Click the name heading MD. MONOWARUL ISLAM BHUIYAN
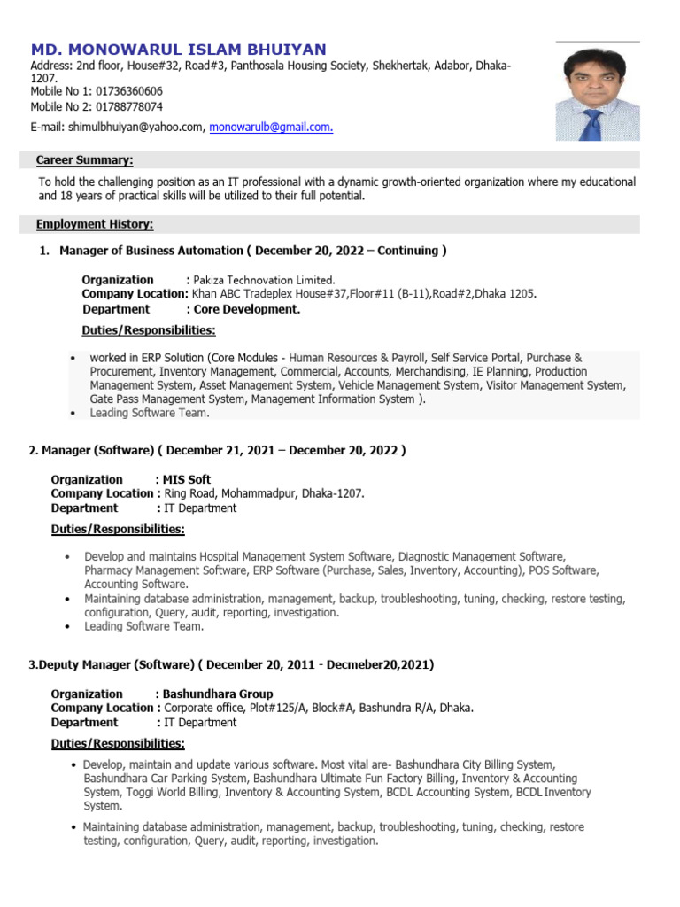click(178, 50)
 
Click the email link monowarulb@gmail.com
click(271, 128)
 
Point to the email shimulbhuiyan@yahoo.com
click(135, 128)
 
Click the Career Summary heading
click(85, 160)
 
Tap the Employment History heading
click(95, 225)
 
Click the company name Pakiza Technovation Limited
click(265, 280)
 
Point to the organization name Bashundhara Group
click(218, 694)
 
